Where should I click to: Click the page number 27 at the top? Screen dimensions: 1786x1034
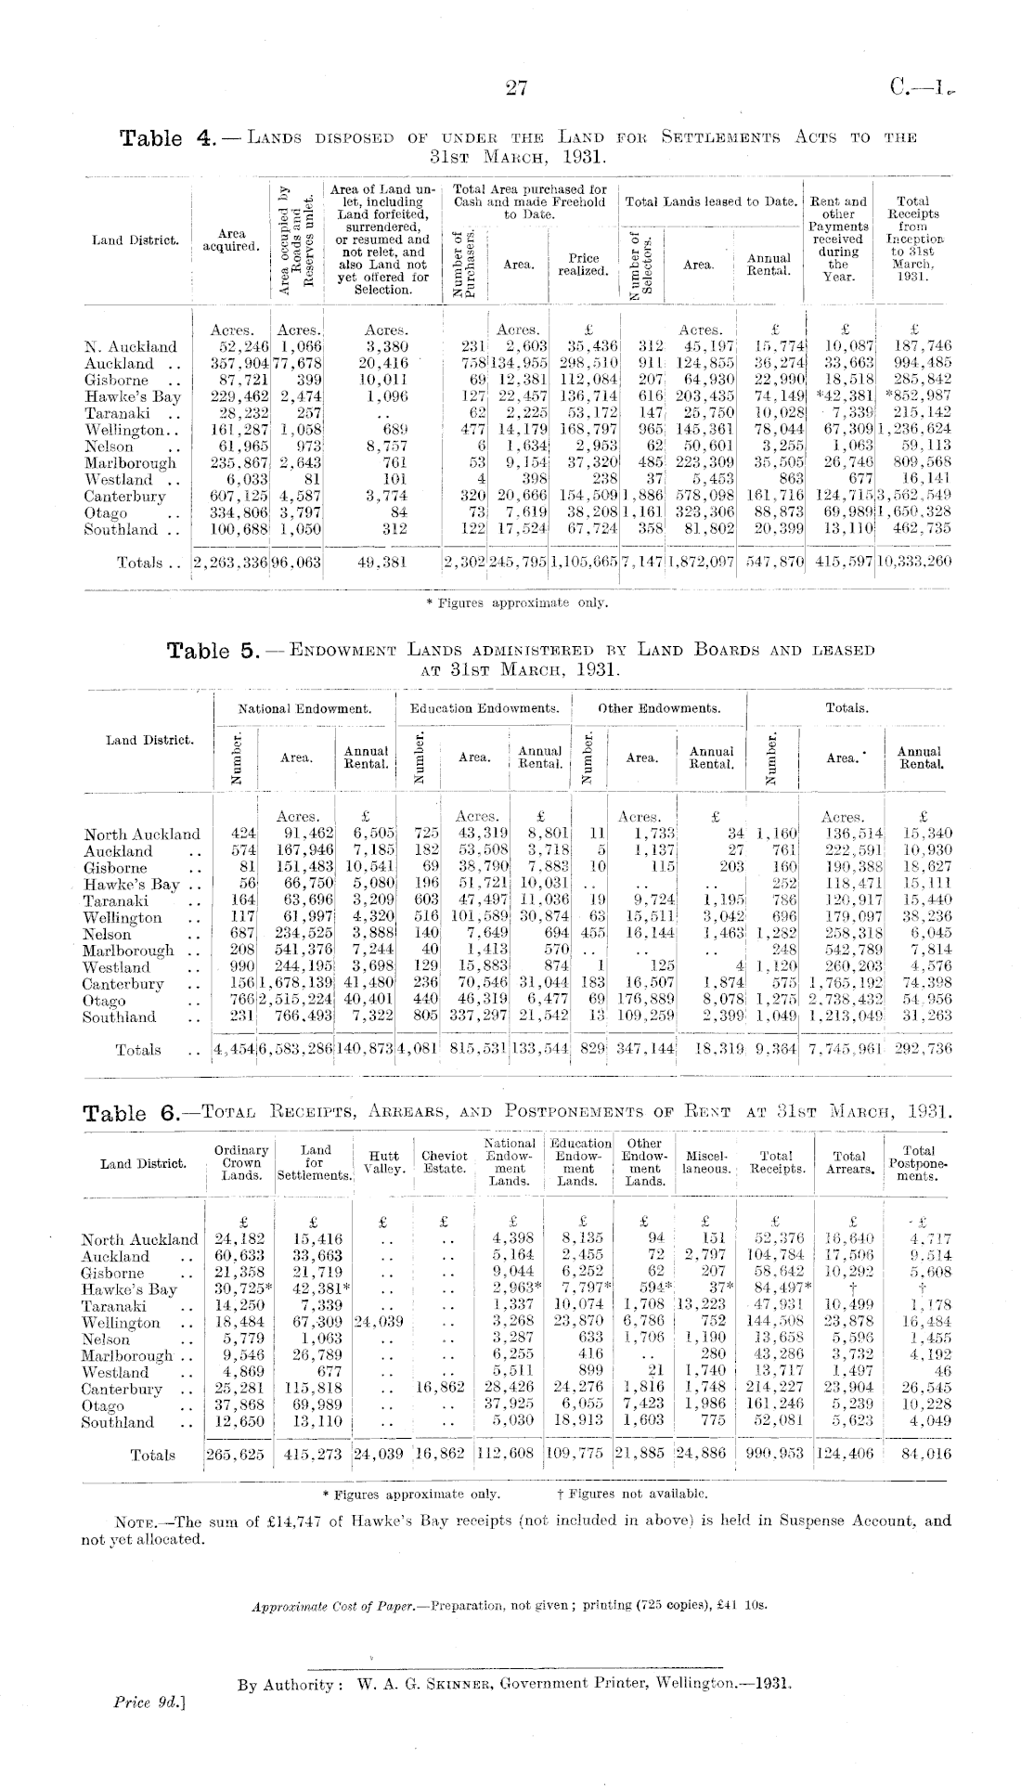click(517, 88)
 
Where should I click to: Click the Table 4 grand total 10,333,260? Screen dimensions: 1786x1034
click(914, 562)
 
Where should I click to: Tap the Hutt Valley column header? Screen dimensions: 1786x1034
click(382, 1162)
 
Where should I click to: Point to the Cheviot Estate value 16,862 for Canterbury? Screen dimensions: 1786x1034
click(441, 1389)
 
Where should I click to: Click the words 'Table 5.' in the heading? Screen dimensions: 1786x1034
click(212, 651)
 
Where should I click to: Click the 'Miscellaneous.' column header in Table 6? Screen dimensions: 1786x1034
click(705, 1162)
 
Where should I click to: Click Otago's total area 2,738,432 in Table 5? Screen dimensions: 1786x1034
click(843, 1001)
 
